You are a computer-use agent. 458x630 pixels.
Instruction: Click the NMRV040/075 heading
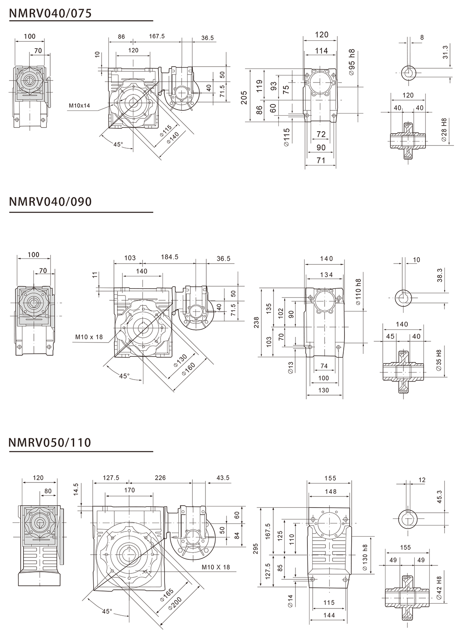[x=50, y=13]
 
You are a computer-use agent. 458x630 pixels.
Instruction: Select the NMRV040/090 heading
[x=50, y=202]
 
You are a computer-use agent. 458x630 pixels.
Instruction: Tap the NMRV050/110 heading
[x=50, y=442]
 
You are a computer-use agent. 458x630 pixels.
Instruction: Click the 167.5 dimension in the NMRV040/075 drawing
[x=157, y=36]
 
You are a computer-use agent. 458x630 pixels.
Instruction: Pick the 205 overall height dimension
[x=244, y=98]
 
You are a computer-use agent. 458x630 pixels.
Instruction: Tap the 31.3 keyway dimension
[x=445, y=52]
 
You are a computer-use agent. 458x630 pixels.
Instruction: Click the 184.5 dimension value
[x=169, y=257]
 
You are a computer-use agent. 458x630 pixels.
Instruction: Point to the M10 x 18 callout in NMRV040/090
[x=89, y=337]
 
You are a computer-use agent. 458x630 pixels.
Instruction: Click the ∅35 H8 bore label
[x=439, y=360]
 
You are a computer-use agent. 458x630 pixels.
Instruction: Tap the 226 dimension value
[x=160, y=478]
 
